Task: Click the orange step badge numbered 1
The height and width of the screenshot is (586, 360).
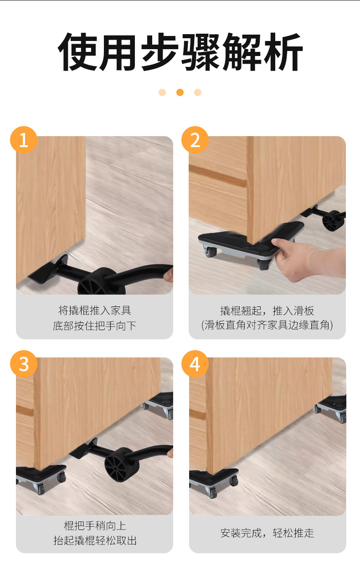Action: click(24, 140)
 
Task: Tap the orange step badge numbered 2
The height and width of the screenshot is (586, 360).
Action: click(195, 140)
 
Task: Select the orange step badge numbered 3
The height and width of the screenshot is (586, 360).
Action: click(24, 364)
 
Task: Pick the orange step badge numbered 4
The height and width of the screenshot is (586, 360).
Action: click(195, 364)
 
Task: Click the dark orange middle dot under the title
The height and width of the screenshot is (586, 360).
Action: click(180, 92)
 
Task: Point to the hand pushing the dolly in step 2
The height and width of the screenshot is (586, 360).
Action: click(306, 259)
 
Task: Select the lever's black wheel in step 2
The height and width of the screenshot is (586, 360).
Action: click(333, 220)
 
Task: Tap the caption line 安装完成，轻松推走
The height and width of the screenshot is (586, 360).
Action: click(267, 533)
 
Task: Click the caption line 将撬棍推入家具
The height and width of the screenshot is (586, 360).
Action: click(94, 310)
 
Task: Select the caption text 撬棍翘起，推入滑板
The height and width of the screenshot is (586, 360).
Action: click(267, 311)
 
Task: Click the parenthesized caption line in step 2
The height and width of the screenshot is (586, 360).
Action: click(267, 325)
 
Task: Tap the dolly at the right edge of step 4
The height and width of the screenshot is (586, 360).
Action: click(331, 408)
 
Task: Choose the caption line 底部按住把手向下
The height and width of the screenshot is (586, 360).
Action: click(94, 326)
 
